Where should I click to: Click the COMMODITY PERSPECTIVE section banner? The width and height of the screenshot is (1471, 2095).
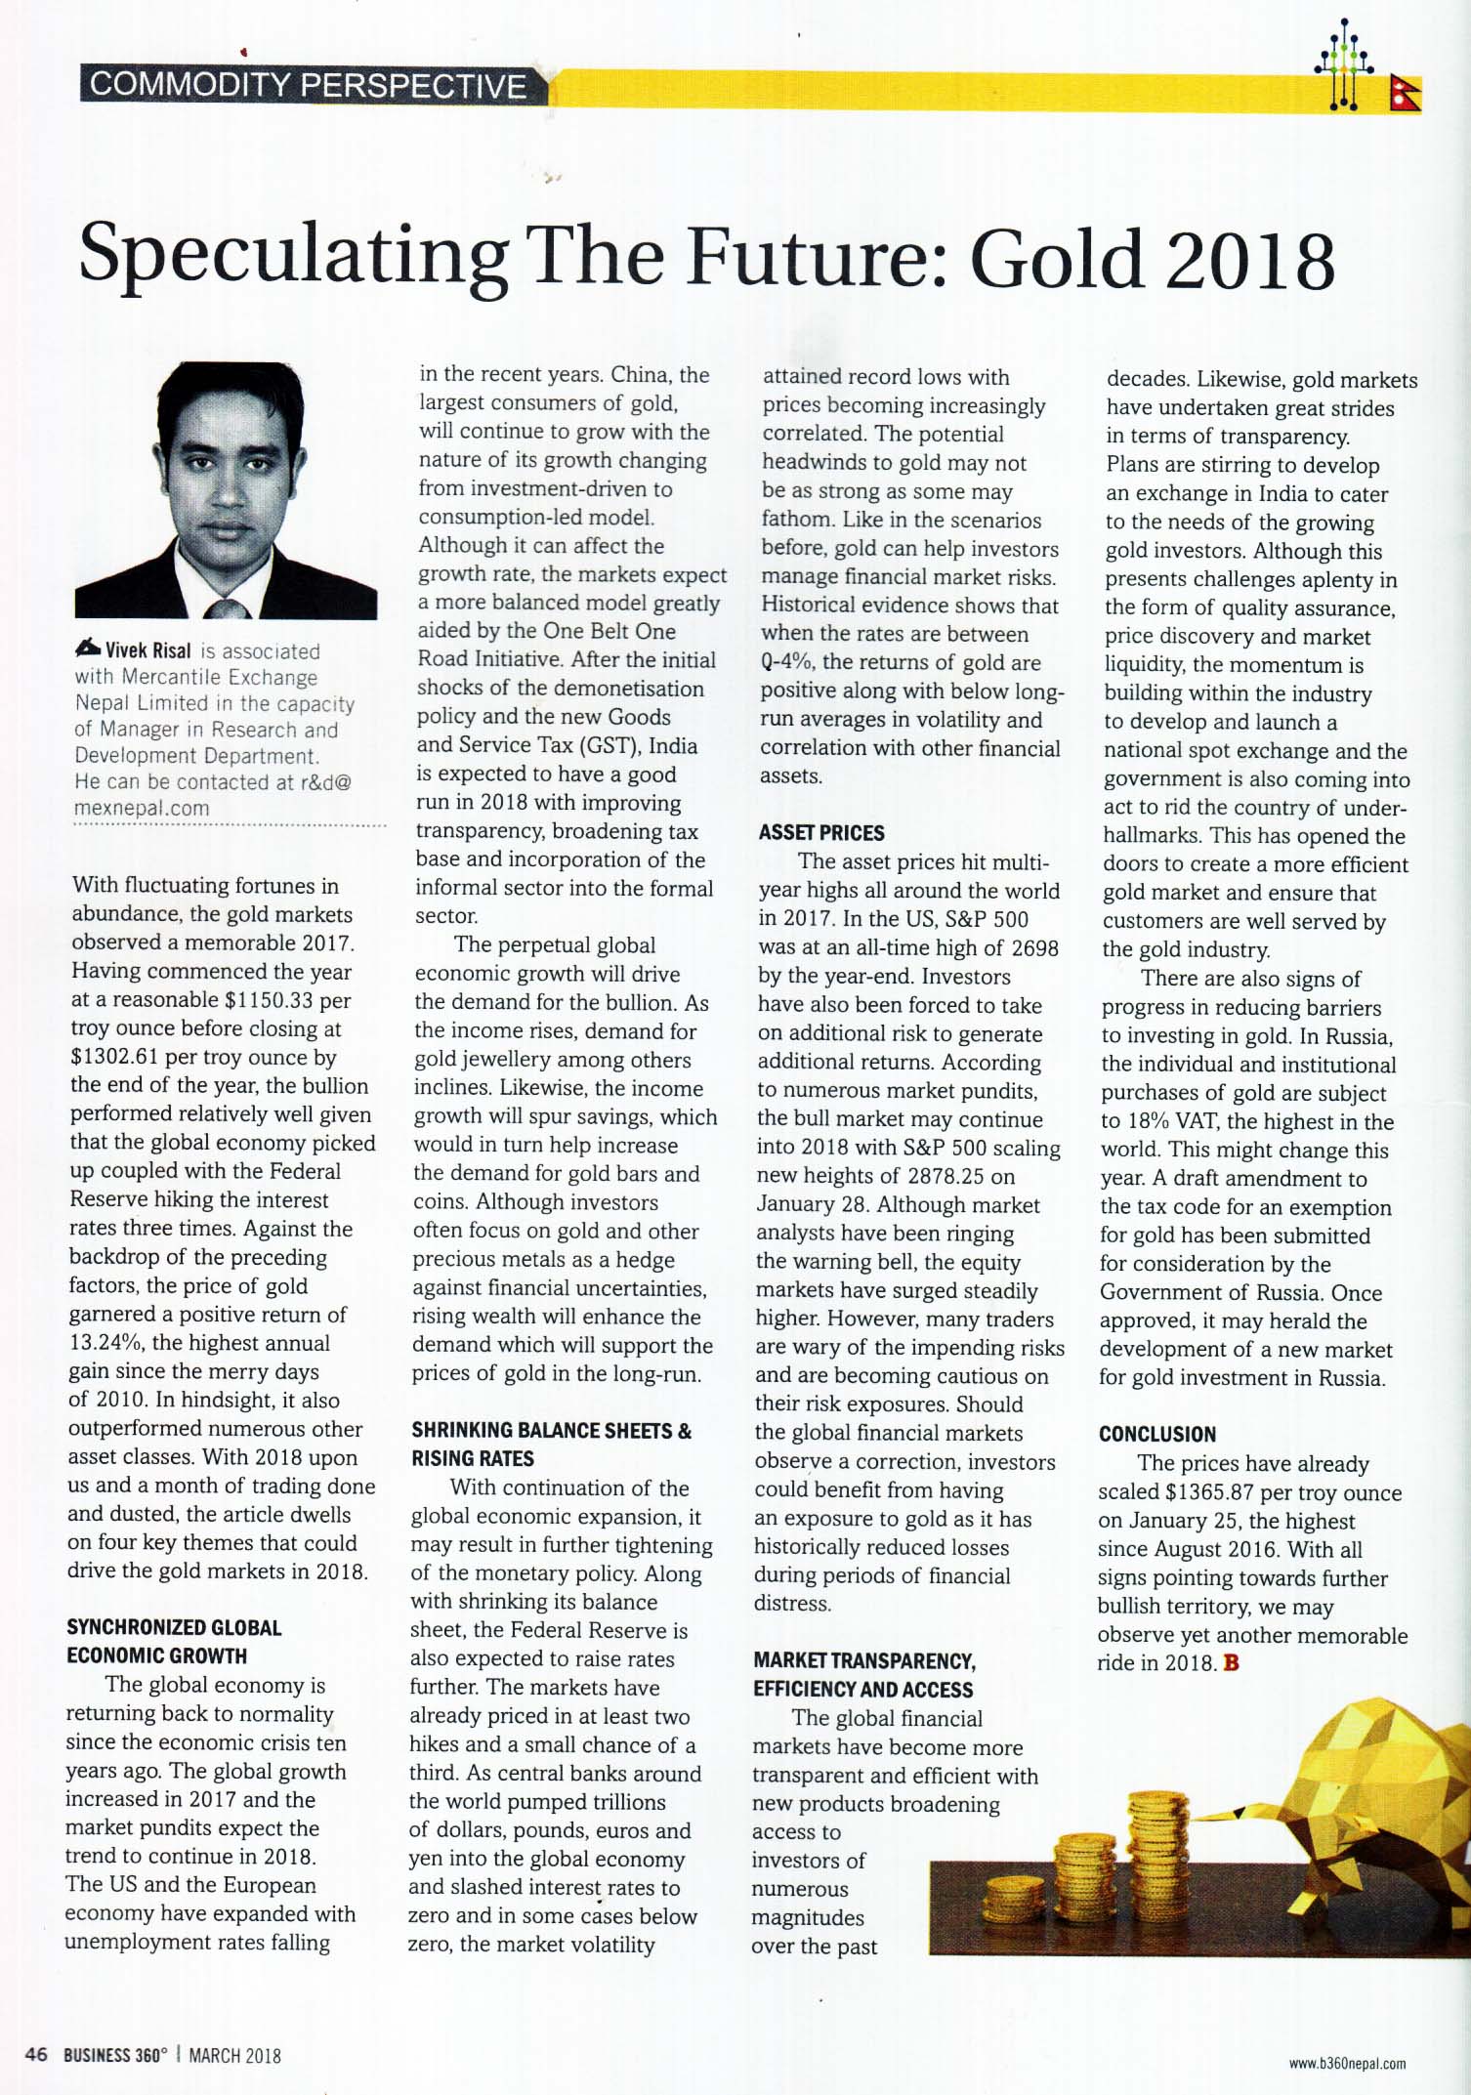[309, 86]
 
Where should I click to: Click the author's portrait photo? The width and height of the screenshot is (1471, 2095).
[227, 490]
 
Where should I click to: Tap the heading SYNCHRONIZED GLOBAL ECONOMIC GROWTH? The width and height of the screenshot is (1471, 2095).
[174, 1641]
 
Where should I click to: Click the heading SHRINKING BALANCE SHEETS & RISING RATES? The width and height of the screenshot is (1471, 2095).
[550, 1445]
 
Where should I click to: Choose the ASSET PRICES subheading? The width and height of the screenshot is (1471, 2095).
[821, 833]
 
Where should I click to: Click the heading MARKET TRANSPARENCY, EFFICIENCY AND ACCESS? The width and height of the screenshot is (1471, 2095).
[864, 1675]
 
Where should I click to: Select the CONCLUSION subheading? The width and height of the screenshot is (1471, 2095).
[1157, 1434]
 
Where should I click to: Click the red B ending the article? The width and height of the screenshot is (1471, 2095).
[1230, 1663]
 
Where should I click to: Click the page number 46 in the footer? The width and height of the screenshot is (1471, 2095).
[36, 2054]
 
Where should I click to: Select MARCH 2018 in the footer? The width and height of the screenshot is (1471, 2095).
[234, 2055]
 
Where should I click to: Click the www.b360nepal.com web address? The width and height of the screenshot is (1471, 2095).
[1347, 2064]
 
